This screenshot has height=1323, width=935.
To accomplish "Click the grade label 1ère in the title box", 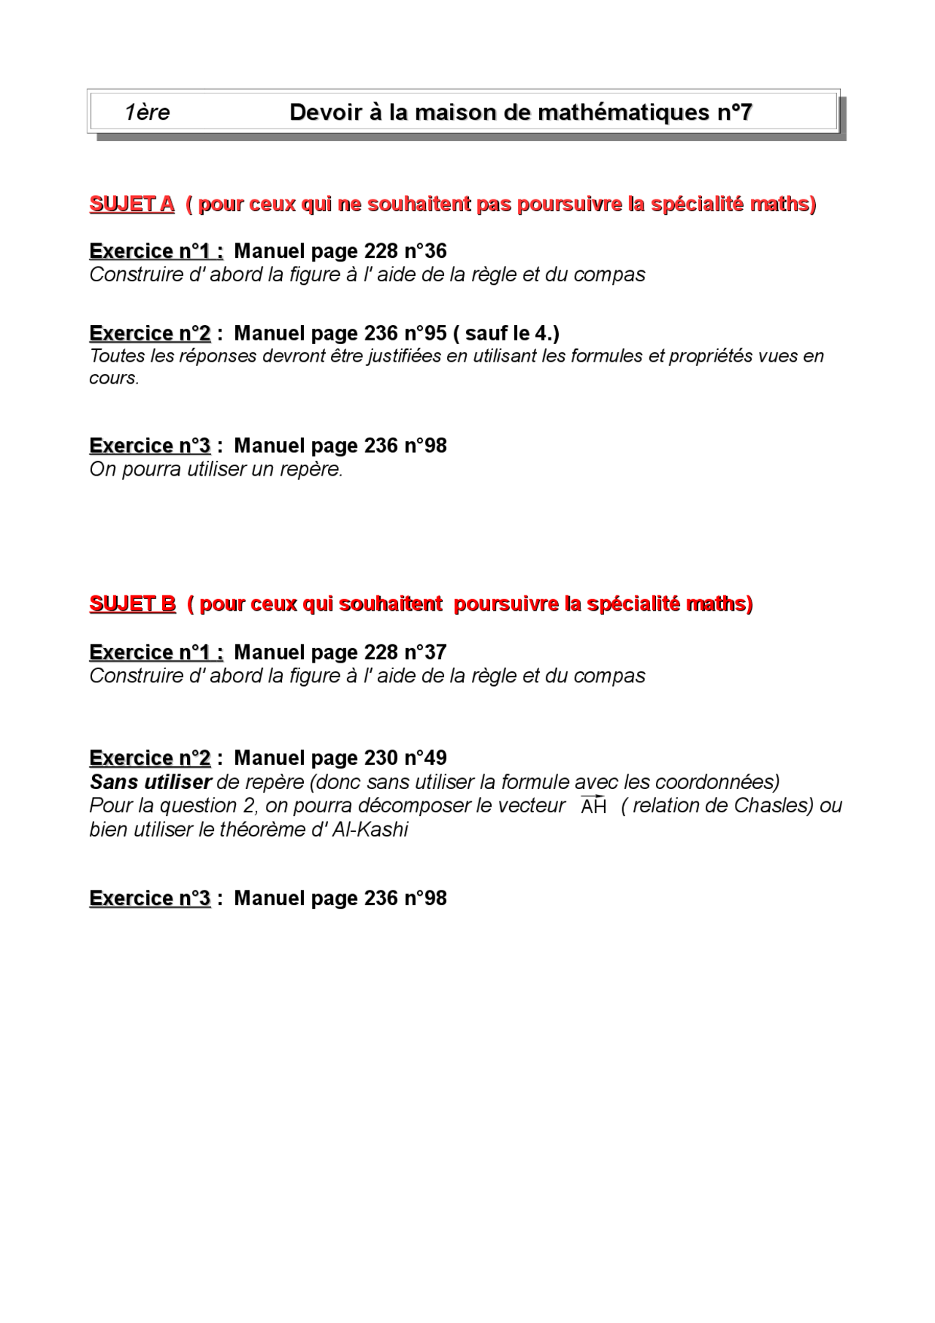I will [x=147, y=113].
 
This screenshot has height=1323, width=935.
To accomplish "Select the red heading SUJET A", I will [x=131, y=204].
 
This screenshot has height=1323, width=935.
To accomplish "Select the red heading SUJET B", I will [x=132, y=603].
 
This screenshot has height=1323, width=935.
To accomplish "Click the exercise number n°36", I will [x=425, y=251].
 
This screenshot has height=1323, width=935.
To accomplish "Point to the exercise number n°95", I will [x=425, y=333].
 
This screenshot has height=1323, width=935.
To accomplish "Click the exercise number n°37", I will [x=425, y=652].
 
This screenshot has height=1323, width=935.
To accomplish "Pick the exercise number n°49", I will [x=425, y=758].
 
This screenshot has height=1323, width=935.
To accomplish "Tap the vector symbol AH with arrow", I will [x=593, y=806].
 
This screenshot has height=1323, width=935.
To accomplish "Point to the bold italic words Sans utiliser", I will [x=150, y=782].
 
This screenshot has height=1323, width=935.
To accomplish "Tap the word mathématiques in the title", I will [x=623, y=113].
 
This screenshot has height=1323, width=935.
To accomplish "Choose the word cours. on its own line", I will [x=114, y=378].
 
